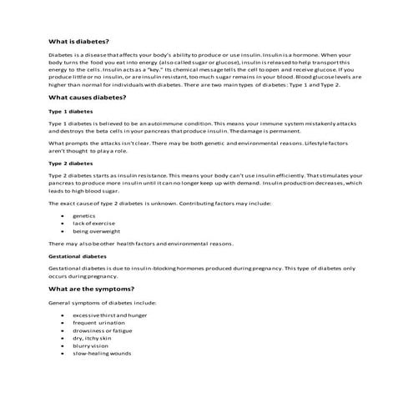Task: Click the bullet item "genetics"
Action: pyautogui.click(x=83, y=215)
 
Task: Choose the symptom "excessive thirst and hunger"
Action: pyautogui.click(x=109, y=315)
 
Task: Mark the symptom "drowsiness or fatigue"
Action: pyautogui.click(x=103, y=330)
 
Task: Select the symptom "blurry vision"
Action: pyautogui.click(x=90, y=345)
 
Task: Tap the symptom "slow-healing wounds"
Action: pyautogui.click(x=102, y=353)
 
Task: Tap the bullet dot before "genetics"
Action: pyautogui.click(x=64, y=215)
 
